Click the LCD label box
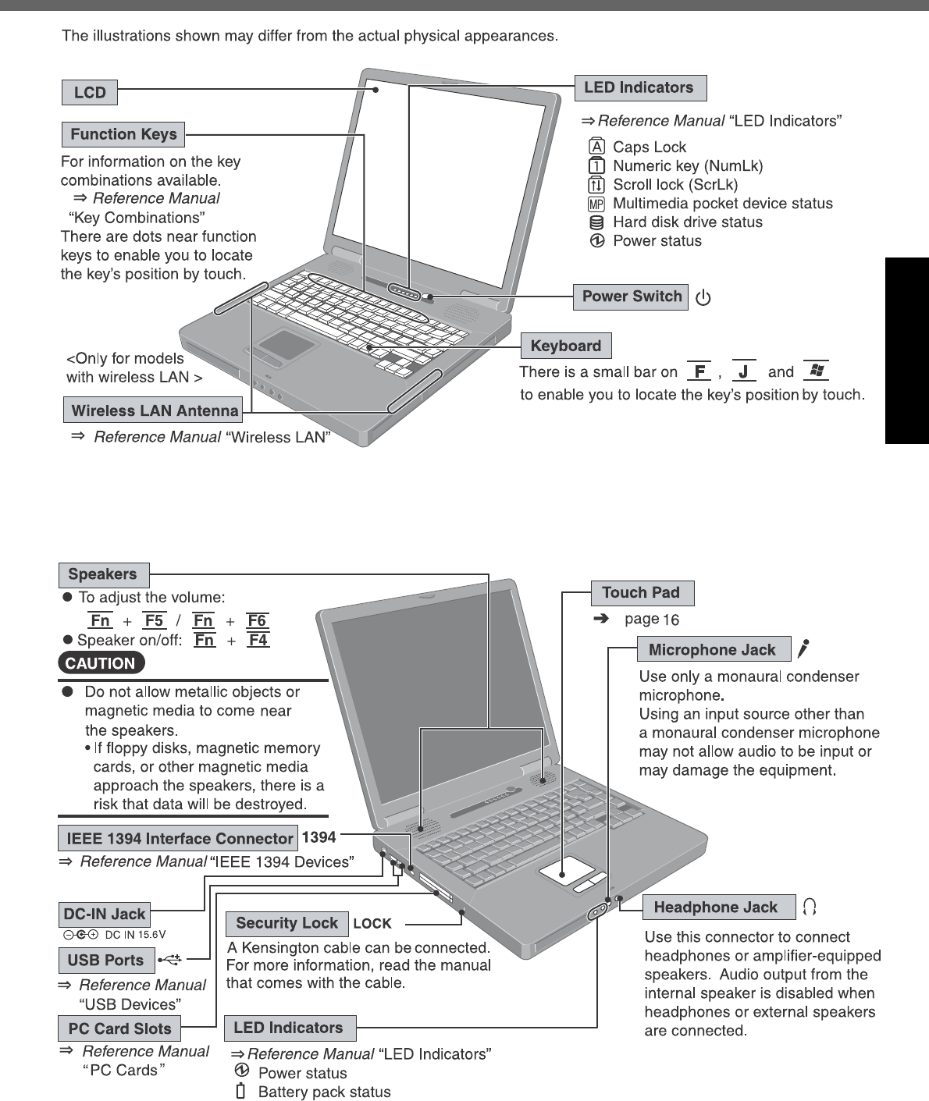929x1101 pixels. pyautogui.click(x=90, y=92)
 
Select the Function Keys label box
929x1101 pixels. pyautogui.click(x=123, y=134)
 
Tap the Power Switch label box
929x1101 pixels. pyautogui.click(x=632, y=297)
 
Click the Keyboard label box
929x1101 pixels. pyautogui.click(x=565, y=346)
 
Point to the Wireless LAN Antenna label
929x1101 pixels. pyautogui.click(x=154, y=410)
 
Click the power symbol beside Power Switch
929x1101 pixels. pyautogui.click(x=703, y=298)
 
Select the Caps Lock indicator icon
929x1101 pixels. pyautogui.click(x=596, y=147)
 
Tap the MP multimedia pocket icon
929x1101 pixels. pyautogui.click(x=596, y=204)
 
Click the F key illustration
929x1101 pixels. pyautogui.click(x=699, y=371)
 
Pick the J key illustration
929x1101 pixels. pyautogui.click(x=744, y=371)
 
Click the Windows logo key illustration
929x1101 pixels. pyautogui.click(x=817, y=371)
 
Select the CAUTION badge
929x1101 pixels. pyautogui.click(x=101, y=663)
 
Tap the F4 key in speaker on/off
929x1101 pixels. pyautogui.click(x=258, y=640)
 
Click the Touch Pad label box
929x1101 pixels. pyautogui.click(x=641, y=593)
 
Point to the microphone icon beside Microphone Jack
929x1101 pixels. pyautogui.click(x=803, y=648)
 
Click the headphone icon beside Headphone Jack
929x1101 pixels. pyautogui.click(x=810, y=907)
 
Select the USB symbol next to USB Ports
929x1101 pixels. pyautogui.click(x=169, y=960)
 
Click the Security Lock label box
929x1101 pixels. pyautogui.click(x=287, y=924)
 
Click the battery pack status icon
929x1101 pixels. pyautogui.click(x=241, y=1091)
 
